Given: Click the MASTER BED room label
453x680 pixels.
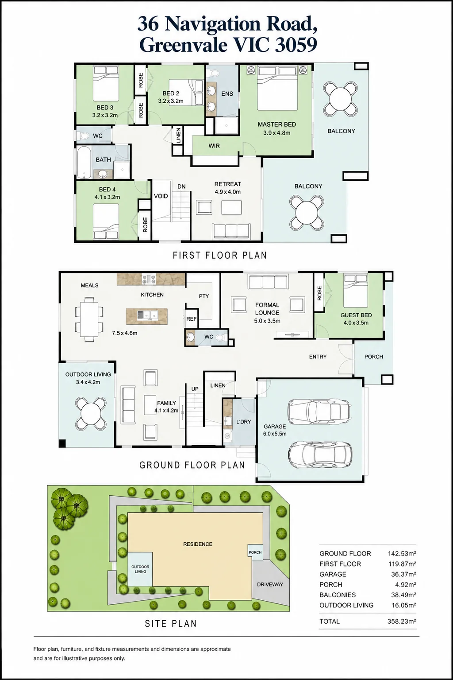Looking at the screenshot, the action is click(x=276, y=124).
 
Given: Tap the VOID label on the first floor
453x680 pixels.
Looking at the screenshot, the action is click(x=161, y=196).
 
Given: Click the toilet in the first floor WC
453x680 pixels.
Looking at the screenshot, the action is click(x=82, y=136).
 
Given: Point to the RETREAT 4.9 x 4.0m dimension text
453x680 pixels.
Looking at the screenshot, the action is click(x=228, y=192).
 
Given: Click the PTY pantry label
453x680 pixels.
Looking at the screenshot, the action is click(x=204, y=296).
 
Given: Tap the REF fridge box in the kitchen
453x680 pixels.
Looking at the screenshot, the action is click(x=191, y=319).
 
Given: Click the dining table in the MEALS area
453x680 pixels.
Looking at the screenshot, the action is click(x=89, y=320).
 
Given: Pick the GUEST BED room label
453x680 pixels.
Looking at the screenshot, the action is click(x=356, y=315).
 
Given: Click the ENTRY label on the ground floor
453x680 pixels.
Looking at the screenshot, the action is click(x=318, y=357).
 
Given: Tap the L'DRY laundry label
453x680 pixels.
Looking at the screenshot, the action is click(x=243, y=422).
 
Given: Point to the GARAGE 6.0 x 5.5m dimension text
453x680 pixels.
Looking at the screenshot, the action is click(x=275, y=434).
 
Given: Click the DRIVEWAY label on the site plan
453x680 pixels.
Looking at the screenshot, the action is click(x=270, y=584).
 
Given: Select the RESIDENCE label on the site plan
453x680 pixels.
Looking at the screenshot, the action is click(x=198, y=544).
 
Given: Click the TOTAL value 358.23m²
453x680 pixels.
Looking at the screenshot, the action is click(x=401, y=622).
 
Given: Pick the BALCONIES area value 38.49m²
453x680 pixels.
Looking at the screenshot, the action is click(x=403, y=595).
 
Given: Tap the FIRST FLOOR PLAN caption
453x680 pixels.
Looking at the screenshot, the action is click(x=220, y=255).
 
